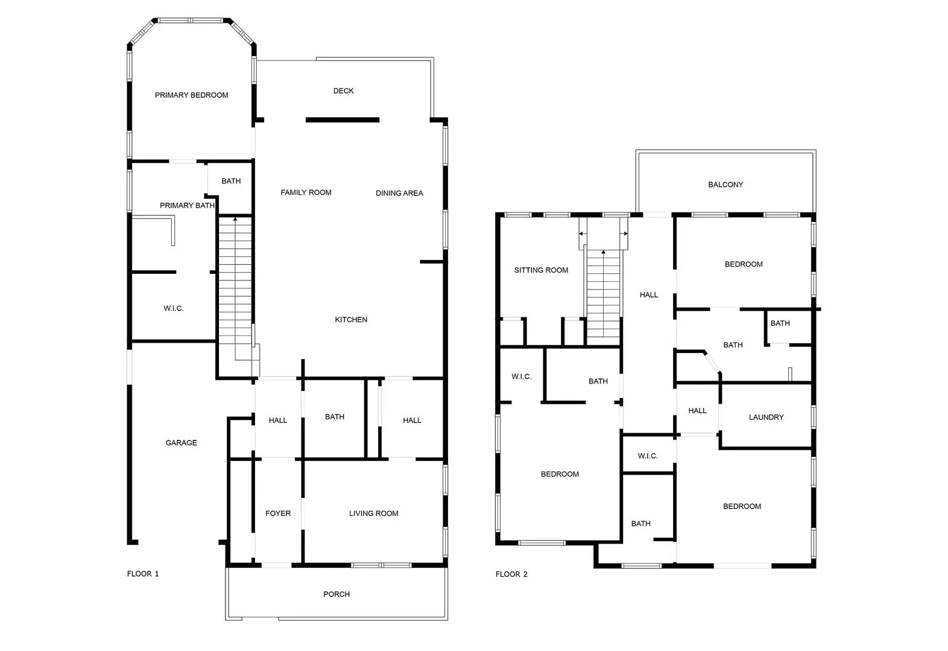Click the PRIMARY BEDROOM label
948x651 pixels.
coord(191,95)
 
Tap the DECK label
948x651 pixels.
coord(343,91)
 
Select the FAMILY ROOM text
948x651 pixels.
coord(306,192)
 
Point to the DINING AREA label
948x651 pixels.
coord(399,193)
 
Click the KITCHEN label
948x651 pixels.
coord(351,320)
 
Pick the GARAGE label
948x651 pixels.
coord(181,443)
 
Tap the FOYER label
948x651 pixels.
coord(278,513)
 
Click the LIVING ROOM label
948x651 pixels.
coord(373,513)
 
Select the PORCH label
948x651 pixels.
coord(337,594)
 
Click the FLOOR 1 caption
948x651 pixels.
coord(143,574)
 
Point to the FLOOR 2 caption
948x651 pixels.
coord(511,574)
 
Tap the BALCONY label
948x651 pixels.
coord(725,185)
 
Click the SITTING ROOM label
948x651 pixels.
coord(541,270)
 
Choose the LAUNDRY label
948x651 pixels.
coord(766,418)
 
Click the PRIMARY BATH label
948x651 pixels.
coord(187,206)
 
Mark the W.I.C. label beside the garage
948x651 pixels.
coord(174,308)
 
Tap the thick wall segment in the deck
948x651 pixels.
coord(343,120)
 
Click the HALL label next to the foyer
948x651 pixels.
coord(278,421)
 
